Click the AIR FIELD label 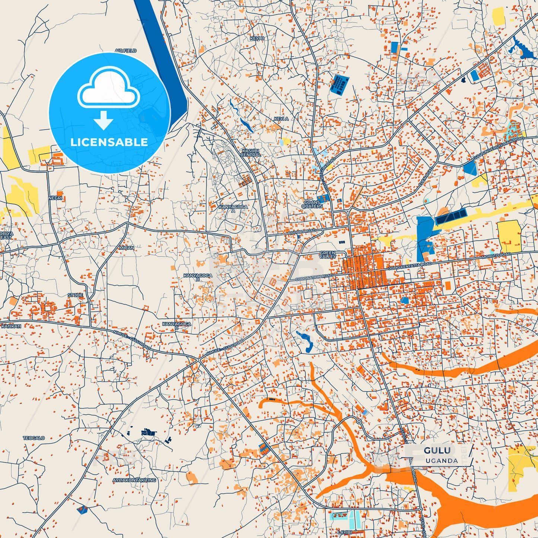click(125, 50)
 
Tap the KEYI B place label click(257, 38)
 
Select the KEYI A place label click(281, 119)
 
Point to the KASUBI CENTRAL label click(250, 153)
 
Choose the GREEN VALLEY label click(328, 255)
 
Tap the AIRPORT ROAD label click(302, 232)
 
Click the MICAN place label click(127, 248)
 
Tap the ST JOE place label click(75, 295)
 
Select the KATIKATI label click(11, 326)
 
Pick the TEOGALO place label click(34, 438)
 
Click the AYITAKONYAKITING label click(134, 480)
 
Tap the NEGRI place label click(55, 198)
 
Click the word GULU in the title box click(437, 451)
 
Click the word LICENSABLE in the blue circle click(109, 142)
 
